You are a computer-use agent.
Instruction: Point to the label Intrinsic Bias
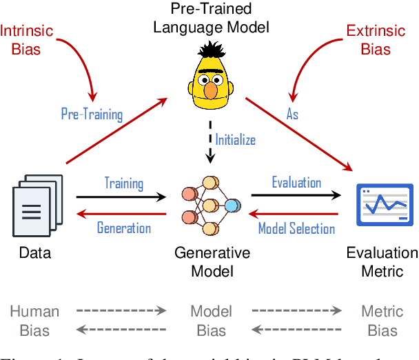click(x=28, y=40)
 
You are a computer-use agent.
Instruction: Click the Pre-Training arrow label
click(x=91, y=114)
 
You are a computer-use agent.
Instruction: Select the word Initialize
click(x=235, y=139)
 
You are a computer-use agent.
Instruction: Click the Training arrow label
click(x=124, y=183)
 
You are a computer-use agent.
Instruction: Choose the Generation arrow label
click(x=124, y=228)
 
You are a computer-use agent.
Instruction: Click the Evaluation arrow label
click(x=296, y=183)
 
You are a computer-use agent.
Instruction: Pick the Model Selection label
click(x=296, y=228)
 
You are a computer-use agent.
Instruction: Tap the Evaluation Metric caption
click(x=382, y=261)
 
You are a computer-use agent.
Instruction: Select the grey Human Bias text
click(x=34, y=321)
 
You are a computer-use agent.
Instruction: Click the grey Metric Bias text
click(x=382, y=321)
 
